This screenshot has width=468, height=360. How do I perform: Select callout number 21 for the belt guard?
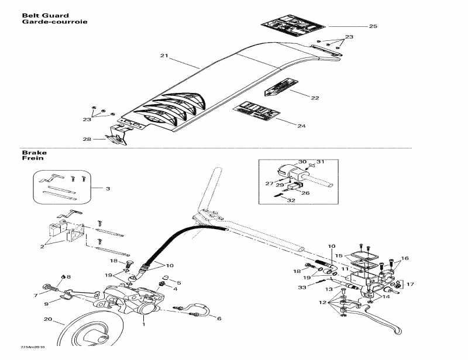[164, 56]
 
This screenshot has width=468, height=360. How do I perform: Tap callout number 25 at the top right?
[373, 26]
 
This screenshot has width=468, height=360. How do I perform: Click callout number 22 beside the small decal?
[315, 98]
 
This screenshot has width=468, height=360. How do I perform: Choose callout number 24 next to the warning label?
[302, 126]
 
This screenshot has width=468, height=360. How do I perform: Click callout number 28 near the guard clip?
[87, 139]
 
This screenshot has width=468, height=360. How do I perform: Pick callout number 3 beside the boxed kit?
[107, 188]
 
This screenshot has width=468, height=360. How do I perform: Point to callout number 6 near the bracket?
[219, 319]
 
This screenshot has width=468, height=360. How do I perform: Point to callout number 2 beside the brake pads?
[42, 247]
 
